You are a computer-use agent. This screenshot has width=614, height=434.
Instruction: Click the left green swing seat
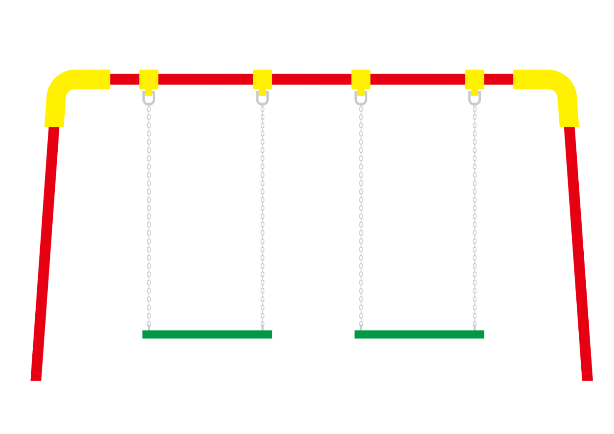click(x=207, y=334)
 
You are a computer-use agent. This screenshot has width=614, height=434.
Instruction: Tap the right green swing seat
click(x=419, y=334)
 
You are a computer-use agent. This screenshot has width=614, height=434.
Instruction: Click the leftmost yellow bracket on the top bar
click(x=149, y=79)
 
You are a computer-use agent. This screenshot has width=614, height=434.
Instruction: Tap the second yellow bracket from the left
click(x=262, y=79)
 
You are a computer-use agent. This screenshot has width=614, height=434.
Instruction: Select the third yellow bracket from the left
click(x=361, y=79)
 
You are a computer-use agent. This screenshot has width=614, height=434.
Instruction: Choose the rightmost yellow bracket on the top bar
click(x=474, y=79)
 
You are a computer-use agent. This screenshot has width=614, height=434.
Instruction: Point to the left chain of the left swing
click(x=149, y=216)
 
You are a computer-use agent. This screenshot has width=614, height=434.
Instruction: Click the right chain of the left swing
click(x=262, y=216)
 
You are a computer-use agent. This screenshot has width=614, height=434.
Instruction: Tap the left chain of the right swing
click(x=361, y=216)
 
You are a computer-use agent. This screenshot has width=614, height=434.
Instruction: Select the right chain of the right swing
click(x=475, y=216)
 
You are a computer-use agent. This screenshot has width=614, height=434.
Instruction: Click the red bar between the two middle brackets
click(x=311, y=79)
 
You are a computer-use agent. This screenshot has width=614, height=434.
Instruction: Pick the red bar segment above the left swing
click(x=205, y=79)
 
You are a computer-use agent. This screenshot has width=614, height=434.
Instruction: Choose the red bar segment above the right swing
click(x=417, y=79)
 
